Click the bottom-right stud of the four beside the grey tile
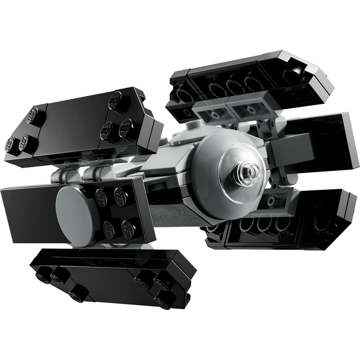pos(128,228)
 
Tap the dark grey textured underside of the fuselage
pos(170,211)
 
